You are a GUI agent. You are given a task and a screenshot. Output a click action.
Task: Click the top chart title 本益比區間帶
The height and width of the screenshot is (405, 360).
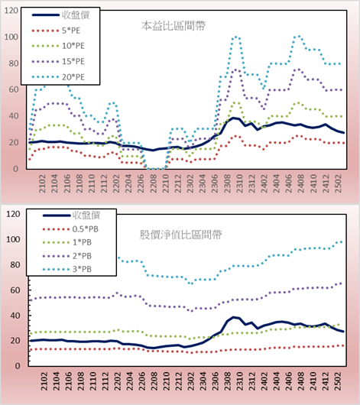(x=174, y=26)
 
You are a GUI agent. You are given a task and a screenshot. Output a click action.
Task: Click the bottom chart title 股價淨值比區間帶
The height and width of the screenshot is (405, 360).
(x=180, y=235)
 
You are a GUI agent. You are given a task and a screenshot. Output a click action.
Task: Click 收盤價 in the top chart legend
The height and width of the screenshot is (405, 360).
(x=76, y=15)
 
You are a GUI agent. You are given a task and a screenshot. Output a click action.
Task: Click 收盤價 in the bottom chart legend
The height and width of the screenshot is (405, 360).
(x=86, y=215)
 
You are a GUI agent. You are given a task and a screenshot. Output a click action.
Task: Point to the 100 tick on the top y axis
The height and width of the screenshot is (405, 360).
(x=11, y=37)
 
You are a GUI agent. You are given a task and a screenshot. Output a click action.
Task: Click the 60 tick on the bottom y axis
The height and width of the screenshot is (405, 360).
(x=15, y=290)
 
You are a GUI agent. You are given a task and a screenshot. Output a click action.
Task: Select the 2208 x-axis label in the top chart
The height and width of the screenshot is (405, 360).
(x=154, y=183)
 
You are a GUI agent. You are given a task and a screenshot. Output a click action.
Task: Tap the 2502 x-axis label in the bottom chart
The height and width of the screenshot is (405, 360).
(x=338, y=381)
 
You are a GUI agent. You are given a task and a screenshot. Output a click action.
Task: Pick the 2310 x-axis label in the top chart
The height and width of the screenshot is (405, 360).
(x=239, y=183)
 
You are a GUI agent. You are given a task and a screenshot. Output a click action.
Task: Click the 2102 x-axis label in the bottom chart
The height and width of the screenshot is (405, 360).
(x=44, y=381)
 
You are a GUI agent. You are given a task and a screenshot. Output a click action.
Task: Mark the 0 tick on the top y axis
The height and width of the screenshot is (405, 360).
(x=16, y=169)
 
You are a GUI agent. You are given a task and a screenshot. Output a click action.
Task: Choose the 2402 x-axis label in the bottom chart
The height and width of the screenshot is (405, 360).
(x=264, y=381)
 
